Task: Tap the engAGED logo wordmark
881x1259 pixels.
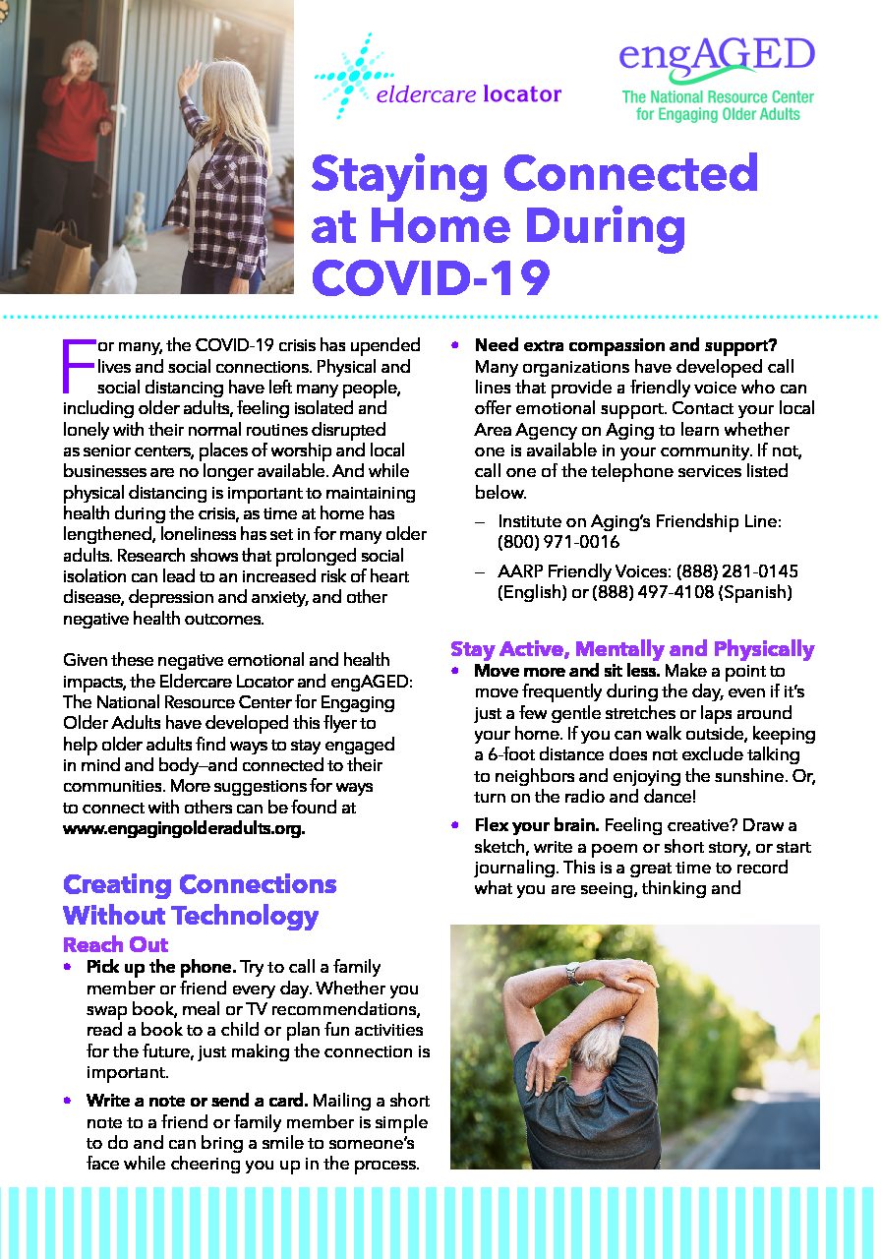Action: pos(717,56)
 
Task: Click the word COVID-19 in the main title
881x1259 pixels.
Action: pos(430,277)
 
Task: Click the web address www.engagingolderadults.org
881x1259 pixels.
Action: pos(184,828)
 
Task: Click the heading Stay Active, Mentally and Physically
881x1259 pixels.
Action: pos(632,648)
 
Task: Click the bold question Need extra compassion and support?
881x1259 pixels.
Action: pos(625,345)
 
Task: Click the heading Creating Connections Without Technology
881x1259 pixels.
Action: pos(200,900)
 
